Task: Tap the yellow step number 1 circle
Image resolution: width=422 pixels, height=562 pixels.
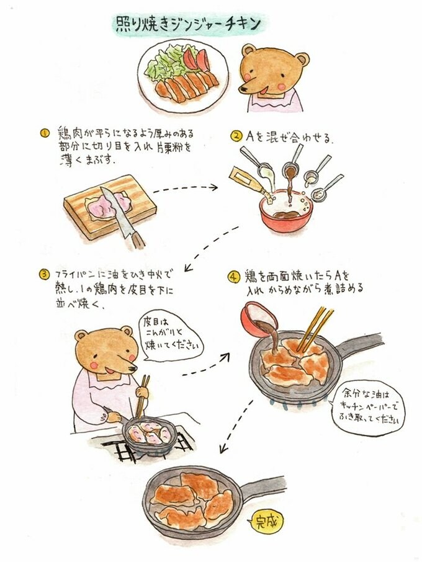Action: [45, 133]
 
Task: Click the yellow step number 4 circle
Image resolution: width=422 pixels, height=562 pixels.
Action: [233, 277]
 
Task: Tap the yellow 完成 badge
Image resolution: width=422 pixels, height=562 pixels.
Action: [266, 522]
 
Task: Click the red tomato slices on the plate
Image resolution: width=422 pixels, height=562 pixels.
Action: [197, 59]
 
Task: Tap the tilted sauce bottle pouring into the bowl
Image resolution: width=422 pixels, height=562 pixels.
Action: [249, 182]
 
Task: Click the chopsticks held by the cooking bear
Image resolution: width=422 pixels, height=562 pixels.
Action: [142, 397]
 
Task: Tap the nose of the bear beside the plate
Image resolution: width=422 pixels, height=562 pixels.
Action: [245, 89]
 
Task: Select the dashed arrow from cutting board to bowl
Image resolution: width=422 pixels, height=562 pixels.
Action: [186, 188]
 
